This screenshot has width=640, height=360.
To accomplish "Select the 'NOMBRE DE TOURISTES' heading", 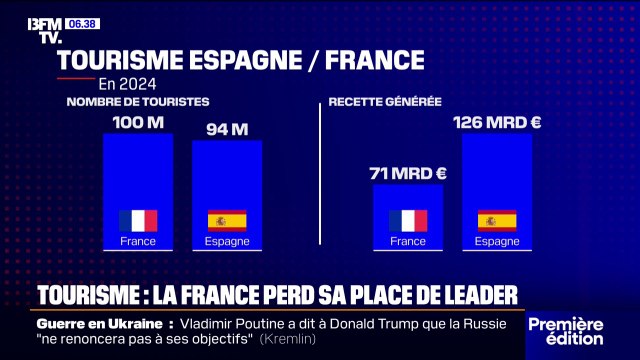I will coord(138,102).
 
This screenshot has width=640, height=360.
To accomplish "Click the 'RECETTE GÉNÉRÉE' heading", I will coord(385,102).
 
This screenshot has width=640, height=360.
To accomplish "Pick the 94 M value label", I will coord(227,129).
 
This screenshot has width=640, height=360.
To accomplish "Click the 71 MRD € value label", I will coord(408,173).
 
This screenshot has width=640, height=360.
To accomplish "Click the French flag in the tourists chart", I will coord(138,220).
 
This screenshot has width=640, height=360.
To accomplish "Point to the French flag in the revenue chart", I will coord(408,220).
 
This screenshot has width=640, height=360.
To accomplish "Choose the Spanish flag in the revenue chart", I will coord(497,220).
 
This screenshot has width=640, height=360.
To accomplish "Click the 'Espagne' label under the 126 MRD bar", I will coord(497,241).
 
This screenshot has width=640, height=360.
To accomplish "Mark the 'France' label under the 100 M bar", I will coord(138,241).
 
